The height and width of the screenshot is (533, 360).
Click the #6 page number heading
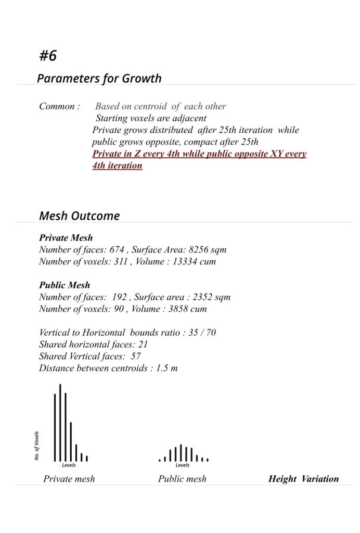click(48, 55)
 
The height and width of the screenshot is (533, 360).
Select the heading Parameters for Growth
click(99, 79)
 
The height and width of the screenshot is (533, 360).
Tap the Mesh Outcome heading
click(79, 215)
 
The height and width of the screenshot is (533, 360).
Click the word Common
click(59, 106)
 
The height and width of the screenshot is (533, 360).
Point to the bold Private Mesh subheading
click(66, 238)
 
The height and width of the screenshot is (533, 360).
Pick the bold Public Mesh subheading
click(65, 285)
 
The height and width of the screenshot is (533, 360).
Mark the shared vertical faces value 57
click(136, 357)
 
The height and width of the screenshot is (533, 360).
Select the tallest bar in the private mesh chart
click(60, 422)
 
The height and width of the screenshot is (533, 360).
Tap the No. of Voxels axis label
click(37, 445)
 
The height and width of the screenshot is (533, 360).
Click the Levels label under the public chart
click(183, 465)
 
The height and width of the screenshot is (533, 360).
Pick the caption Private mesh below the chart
click(69, 479)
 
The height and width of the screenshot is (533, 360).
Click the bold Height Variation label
click(303, 479)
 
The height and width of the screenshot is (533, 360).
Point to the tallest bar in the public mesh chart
click(181, 452)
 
